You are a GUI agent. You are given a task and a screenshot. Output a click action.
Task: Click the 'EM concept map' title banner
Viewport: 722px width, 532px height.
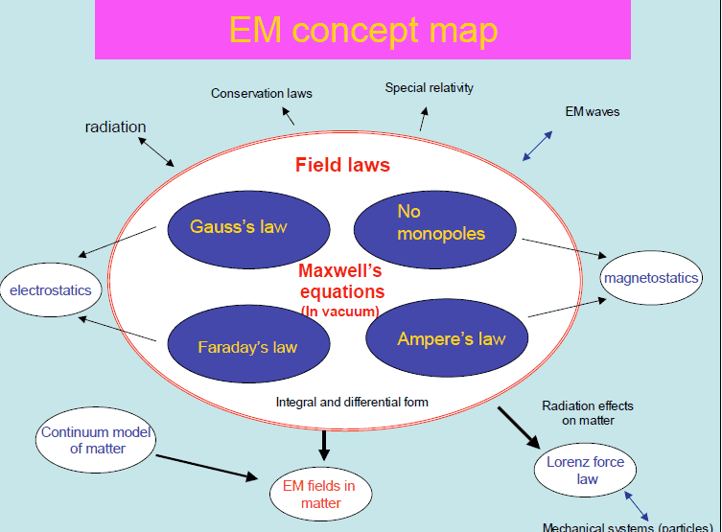click(364, 30)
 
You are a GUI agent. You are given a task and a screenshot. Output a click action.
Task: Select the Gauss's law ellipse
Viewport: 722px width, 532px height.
click(239, 227)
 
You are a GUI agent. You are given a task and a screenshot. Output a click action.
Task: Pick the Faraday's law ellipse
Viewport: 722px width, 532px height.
click(247, 347)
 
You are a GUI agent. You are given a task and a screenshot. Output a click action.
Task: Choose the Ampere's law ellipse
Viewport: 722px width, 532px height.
click(451, 338)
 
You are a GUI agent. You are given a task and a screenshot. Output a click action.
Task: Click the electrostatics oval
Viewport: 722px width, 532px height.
click(50, 289)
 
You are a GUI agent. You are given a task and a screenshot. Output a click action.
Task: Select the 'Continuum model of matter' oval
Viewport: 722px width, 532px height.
click(97, 440)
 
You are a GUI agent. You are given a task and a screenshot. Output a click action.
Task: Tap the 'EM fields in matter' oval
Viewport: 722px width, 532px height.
click(318, 494)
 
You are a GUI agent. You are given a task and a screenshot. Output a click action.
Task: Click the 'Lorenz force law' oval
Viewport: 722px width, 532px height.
click(587, 471)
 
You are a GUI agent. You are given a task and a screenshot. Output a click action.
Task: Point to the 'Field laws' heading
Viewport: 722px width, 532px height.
click(342, 165)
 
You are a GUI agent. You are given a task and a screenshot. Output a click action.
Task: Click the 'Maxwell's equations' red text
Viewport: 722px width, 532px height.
click(341, 282)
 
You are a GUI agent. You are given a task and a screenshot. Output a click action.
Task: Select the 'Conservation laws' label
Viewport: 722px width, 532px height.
click(262, 93)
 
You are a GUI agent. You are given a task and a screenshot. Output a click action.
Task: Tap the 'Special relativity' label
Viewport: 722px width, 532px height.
click(429, 88)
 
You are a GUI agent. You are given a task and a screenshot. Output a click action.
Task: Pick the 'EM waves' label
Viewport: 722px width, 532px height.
click(592, 111)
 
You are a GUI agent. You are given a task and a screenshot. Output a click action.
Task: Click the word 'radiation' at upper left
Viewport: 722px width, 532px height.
click(115, 127)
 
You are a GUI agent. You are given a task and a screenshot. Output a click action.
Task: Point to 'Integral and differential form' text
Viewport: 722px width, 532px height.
click(352, 402)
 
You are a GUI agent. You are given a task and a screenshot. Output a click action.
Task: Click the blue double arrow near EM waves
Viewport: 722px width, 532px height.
click(537, 145)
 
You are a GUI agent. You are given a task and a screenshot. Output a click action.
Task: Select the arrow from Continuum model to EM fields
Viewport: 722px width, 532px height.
click(206, 467)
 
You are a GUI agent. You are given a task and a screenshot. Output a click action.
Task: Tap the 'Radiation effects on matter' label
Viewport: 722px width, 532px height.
click(587, 413)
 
